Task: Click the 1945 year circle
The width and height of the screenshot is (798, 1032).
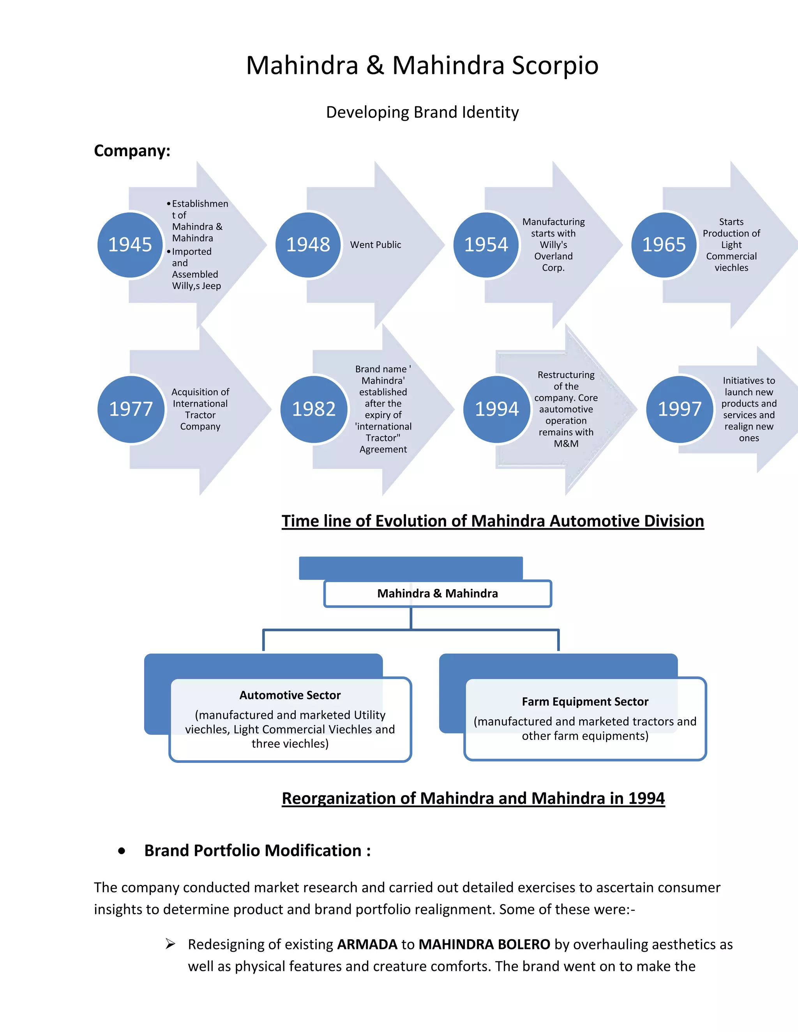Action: click(x=130, y=245)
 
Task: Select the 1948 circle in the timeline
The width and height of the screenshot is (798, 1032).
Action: click(x=308, y=245)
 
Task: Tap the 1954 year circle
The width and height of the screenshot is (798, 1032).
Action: click(x=486, y=245)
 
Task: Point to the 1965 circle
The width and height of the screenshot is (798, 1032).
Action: click(x=664, y=245)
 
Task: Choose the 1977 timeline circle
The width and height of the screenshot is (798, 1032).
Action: click(x=131, y=409)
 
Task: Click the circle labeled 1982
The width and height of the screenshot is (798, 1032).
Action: click(x=314, y=409)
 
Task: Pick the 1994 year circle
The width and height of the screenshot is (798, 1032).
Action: click(x=497, y=409)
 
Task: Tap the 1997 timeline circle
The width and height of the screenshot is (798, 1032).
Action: click(x=680, y=409)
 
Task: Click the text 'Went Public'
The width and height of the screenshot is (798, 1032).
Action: click(x=375, y=245)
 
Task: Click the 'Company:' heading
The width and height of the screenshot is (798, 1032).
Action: click(x=132, y=151)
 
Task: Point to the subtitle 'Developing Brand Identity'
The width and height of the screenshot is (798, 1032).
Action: click(x=422, y=113)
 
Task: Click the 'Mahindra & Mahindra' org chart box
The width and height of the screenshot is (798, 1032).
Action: click(x=437, y=593)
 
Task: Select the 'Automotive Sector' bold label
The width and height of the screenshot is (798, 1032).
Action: click(x=290, y=695)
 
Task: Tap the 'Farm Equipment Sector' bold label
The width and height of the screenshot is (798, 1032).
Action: click(x=585, y=702)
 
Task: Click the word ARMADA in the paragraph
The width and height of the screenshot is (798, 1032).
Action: click(x=367, y=944)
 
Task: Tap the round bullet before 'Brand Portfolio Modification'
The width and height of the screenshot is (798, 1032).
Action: click(x=122, y=851)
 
